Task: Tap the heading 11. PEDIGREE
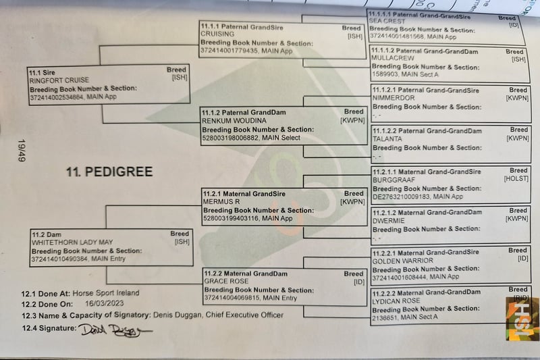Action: pyautogui.click(x=109, y=172)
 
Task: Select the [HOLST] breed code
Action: pyautogui.click(x=516, y=180)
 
